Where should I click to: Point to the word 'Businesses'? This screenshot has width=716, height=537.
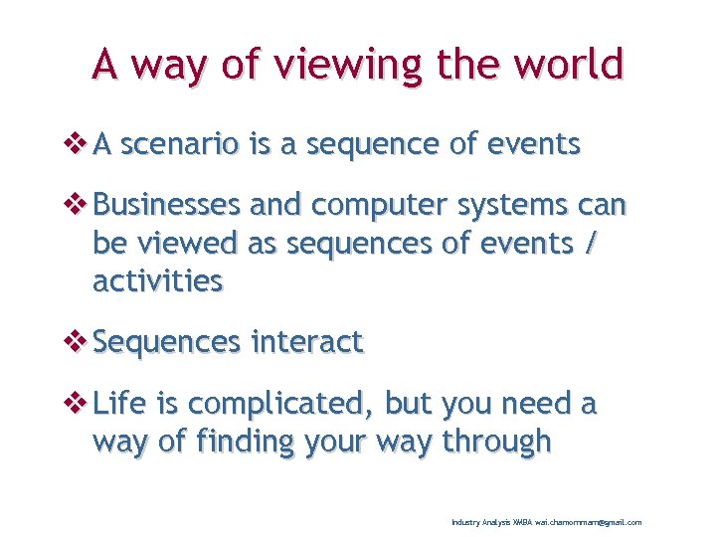166,206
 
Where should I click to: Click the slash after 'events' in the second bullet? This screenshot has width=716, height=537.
593,244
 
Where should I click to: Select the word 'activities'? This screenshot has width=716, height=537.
157,281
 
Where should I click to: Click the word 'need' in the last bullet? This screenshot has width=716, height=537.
530,405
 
